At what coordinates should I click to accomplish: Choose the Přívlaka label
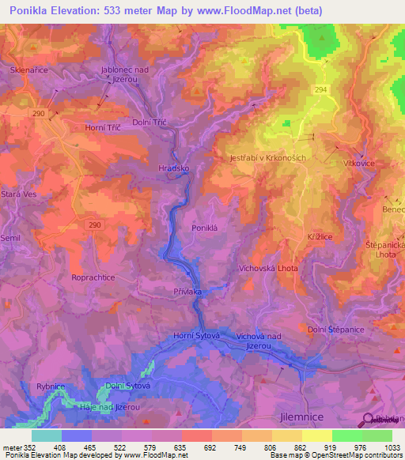click(x=187, y=292)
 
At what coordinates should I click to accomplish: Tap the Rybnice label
click(x=50, y=386)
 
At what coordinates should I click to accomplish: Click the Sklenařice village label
click(x=31, y=70)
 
